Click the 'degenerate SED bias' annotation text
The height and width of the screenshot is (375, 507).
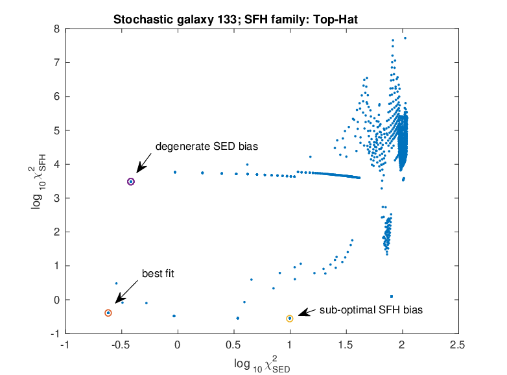207,147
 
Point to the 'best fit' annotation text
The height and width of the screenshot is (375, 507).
158,274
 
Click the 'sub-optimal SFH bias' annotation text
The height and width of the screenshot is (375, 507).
371,310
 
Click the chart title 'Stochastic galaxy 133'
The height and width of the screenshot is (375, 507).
175,19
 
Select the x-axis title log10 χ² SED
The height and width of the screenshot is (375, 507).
262,364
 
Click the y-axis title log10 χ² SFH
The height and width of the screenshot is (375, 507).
39,182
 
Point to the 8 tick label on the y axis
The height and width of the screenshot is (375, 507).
57,29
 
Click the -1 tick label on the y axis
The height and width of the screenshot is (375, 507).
55,333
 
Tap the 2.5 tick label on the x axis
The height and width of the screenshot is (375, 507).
458,345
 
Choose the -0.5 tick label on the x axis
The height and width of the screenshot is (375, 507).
121,345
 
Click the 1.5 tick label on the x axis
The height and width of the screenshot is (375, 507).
346,345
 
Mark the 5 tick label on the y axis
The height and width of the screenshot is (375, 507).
57,130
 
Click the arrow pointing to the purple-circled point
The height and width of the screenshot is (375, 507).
143,163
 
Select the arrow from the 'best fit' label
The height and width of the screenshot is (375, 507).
126,292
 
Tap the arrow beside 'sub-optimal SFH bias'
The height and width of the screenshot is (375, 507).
307,312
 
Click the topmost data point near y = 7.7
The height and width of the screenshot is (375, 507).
405,38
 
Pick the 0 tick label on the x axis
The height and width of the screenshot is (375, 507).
177,345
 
